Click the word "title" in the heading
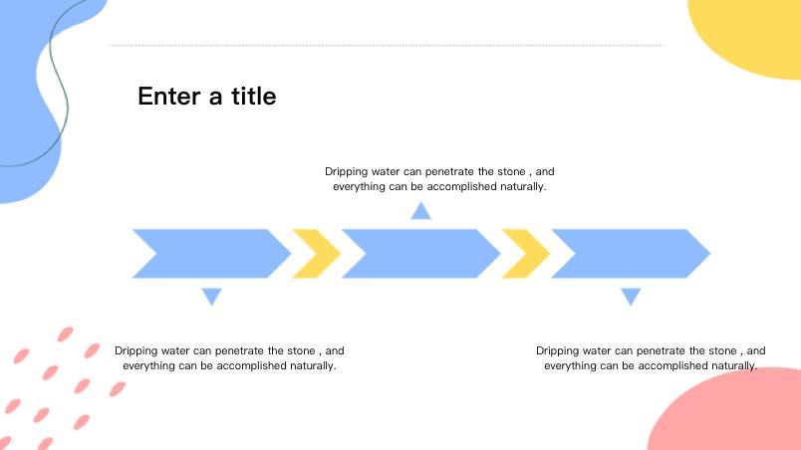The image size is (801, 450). [253, 96]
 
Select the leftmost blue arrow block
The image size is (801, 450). [211, 254]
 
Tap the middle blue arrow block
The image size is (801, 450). [421, 254]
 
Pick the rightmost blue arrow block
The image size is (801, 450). [631, 254]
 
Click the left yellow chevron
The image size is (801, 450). [317, 254]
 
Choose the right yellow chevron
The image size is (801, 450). [526, 254]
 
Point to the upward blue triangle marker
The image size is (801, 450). [421, 212]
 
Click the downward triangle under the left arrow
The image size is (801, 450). [211, 296]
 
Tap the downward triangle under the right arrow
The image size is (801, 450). [631, 296]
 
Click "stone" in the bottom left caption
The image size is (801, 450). [301, 351]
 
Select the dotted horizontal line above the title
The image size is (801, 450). [387, 46]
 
